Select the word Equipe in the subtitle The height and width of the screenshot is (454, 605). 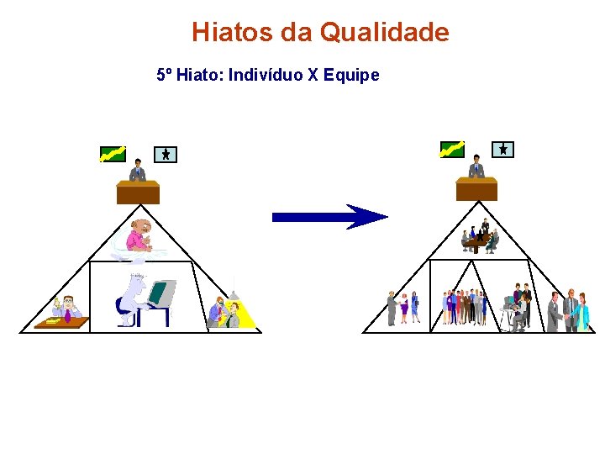click(356, 75)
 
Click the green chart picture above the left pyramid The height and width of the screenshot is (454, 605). click(113, 154)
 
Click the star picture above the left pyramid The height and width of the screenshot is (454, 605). click(166, 154)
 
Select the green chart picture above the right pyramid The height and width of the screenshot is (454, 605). click(452, 149)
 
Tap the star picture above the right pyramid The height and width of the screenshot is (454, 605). click(502, 149)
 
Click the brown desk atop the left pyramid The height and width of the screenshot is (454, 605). click(138, 193)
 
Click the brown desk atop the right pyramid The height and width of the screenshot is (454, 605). click(476, 188)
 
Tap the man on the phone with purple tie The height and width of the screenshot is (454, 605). click(66, 308)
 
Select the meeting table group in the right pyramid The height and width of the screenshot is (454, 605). click(479, 238)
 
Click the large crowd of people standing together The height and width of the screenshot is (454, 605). click(466, 307)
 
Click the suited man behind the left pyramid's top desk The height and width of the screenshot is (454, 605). click(137, 171)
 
